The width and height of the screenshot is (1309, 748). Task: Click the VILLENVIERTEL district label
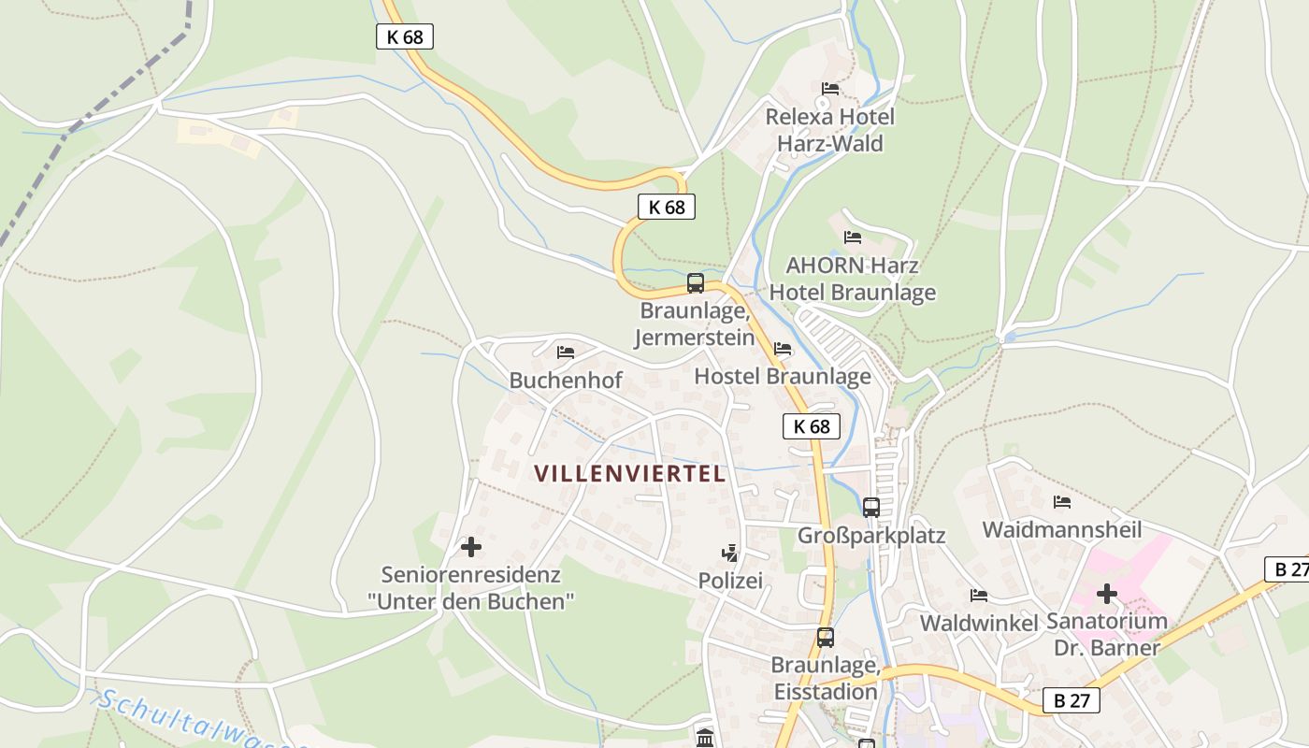(x=630, y=474)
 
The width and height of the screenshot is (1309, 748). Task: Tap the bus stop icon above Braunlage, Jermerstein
(x=695, y=283)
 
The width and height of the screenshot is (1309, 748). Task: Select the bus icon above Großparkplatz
(x=870, y=508)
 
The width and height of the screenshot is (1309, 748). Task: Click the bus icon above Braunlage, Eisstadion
(x=825, y=638)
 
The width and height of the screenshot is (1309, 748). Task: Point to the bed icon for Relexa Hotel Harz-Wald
(x=829, y=90)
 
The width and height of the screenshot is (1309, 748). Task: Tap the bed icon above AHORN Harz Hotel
(x=852, y=237)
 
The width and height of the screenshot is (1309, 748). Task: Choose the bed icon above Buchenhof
(x=565, y=352)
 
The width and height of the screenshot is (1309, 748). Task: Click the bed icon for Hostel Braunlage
(x=783, y=350)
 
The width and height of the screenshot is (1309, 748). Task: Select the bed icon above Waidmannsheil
(x=1061, y=502)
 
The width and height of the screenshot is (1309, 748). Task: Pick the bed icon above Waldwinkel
(x=978, y=596)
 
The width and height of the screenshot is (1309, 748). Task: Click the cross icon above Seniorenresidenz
(x=471, y=547)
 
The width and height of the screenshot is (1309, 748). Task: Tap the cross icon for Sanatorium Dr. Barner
(x=1107, y=594)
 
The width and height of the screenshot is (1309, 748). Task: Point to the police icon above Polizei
(x=729, y=554)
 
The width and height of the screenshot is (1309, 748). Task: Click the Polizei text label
(x=730, y=581)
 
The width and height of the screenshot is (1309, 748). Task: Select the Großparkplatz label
(x=870, y=536)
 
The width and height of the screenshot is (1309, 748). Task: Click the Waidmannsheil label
(x=1061, y=530)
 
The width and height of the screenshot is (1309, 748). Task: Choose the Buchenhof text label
(x=565, y=381)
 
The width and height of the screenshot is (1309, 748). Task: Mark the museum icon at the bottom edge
(x=705, y=737)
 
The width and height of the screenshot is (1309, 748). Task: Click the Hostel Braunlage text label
(x=783, y=377)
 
